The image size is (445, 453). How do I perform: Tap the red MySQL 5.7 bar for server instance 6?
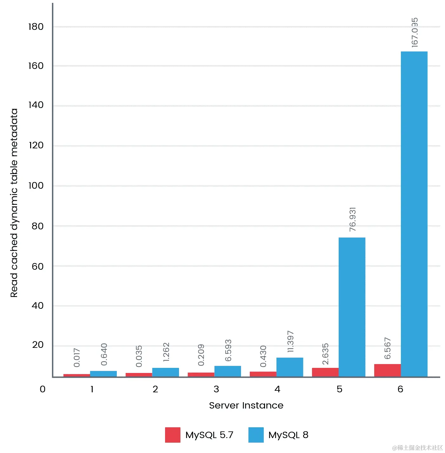(x=387, y=370)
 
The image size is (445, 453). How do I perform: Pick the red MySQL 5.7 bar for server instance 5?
(x=325, y=372)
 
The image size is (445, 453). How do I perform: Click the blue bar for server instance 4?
(x=289, y=367)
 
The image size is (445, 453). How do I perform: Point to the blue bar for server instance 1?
(x=103, y=374)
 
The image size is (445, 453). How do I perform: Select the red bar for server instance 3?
(x=201, y=375)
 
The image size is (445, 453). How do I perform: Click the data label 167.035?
(x=415, y=33)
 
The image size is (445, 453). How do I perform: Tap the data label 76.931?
(x=352, y=220)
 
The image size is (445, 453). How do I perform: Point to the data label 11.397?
(x=290, y=341)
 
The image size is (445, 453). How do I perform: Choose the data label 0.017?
(x=76, y=358)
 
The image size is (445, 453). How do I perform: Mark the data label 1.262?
(x=166, y=352)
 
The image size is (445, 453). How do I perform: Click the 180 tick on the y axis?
(x=36, y=27)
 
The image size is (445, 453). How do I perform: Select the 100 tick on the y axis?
(x=36, y=186)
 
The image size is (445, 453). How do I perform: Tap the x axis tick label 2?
(x=155, y=389)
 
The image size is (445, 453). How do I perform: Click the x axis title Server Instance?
(x=246, y=405)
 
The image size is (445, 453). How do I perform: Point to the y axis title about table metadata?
(x=14, y=203)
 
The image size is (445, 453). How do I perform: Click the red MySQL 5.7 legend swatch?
(x=172, y=435)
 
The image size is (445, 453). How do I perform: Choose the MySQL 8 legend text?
(x=288, y=435)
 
